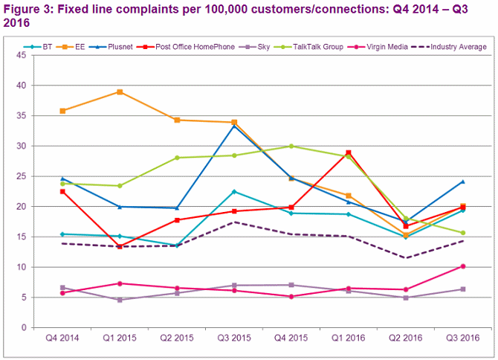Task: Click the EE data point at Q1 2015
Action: (x=120, y=92)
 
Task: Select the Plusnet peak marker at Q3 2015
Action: (x=234, y=126)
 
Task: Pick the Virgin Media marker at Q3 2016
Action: (x=462, y=266)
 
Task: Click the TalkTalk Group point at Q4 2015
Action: (x=291, y=146)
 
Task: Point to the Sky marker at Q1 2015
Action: (x=120, y=300)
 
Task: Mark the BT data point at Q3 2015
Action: (x=234, y=192)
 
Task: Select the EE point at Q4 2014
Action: (x=62, y=111)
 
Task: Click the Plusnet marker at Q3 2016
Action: (x=462, y=181)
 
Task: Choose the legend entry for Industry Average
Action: (x=454, y=47)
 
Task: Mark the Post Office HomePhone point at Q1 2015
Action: (x=120, y=246)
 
